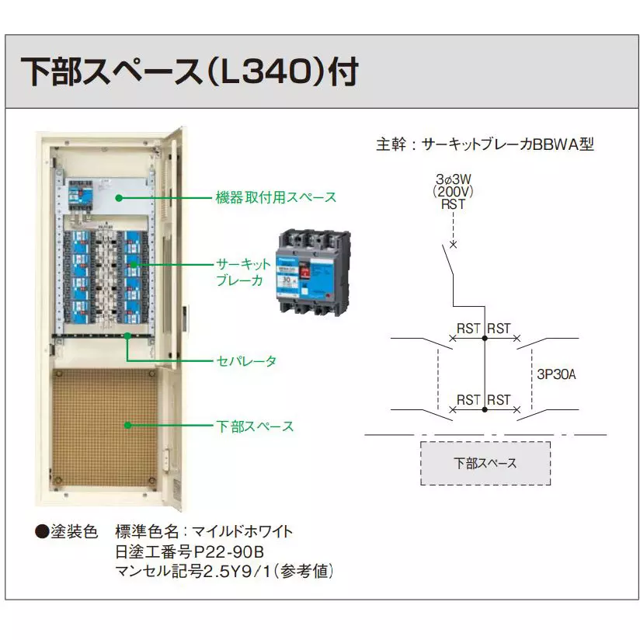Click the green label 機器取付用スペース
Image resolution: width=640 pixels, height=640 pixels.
[x=276, y=197]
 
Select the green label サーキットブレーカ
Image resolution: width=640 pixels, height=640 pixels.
[x=243, y=272]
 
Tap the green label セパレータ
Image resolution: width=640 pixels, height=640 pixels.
[x=245, y=361]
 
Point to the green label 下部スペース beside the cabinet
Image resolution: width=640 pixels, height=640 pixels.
[x=255, y=426]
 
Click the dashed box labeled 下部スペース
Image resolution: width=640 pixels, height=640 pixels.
[x=485, y=464]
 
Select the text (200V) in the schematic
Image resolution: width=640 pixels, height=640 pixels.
[x=454, y=190]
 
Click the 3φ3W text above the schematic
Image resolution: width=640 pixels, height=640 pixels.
[x=454, y=178]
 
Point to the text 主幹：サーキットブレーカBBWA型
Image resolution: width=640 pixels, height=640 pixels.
[x=485, y=144]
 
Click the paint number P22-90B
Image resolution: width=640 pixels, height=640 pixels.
[x=228, y=552]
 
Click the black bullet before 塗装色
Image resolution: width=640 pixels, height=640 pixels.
[x=41, y=533]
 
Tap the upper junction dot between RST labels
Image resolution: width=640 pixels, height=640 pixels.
[x=485, y=339]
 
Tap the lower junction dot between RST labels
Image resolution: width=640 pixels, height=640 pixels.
[x=485, y=409]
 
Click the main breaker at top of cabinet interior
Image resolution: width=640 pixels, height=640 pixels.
[x=80, y=194]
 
